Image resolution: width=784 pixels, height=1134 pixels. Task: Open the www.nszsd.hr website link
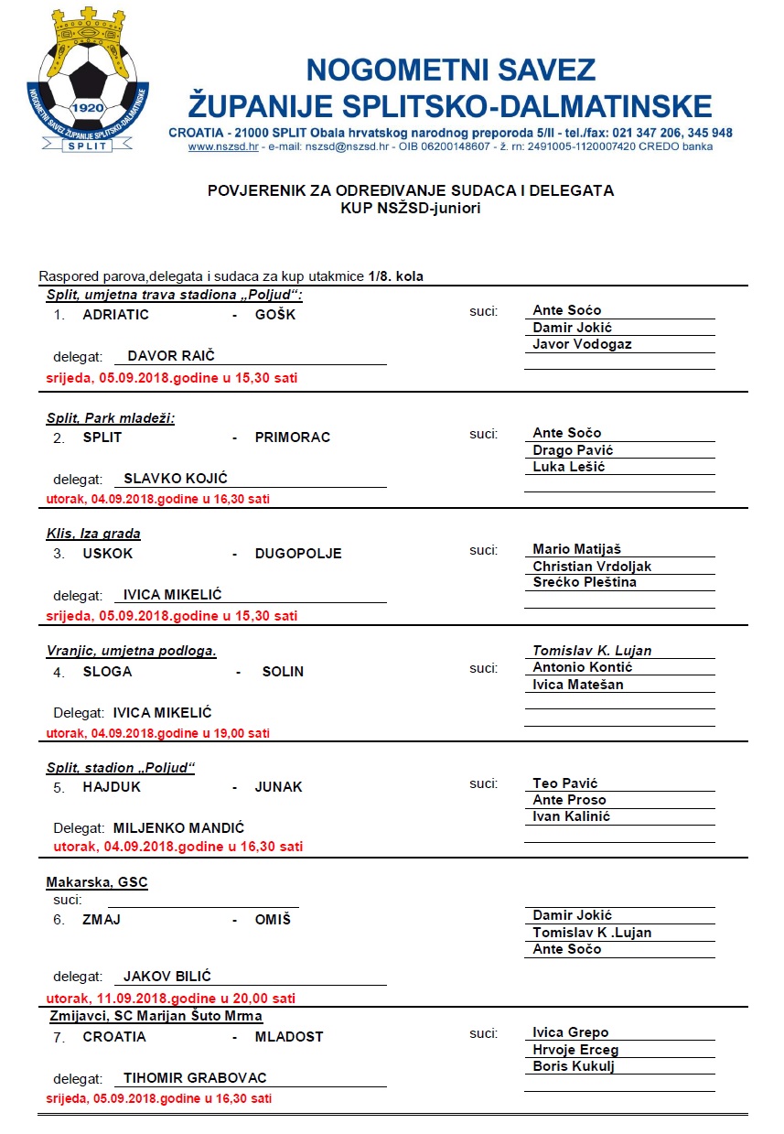(222, 146)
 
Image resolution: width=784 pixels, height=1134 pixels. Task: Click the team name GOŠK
(275, 315)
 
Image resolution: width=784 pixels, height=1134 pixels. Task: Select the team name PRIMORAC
(293, 437)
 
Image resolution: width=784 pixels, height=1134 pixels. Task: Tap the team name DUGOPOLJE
(298, 554)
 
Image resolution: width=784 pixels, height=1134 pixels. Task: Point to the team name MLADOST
(289, 1037)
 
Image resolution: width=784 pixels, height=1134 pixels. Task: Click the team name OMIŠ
(273, 920)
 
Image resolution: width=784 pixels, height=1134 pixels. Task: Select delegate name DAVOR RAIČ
(171, 356)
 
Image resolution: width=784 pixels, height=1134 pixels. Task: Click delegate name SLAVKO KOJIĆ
(176, 479)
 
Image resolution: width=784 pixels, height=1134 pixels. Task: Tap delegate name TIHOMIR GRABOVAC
(195, 1078)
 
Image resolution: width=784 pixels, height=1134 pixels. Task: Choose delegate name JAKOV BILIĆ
(167, 977)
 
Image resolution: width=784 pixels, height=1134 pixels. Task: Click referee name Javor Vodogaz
(582, 344)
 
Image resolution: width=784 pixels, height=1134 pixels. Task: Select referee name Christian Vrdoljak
(592, 567)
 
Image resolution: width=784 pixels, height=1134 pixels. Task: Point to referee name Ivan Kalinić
(571, 816)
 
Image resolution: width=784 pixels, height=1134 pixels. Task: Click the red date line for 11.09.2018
(170, 999)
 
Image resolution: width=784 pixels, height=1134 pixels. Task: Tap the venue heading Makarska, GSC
(97, 882)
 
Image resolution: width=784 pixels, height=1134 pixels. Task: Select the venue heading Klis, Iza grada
(93, 534)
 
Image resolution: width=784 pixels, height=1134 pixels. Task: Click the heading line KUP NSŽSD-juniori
(410, 208)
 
